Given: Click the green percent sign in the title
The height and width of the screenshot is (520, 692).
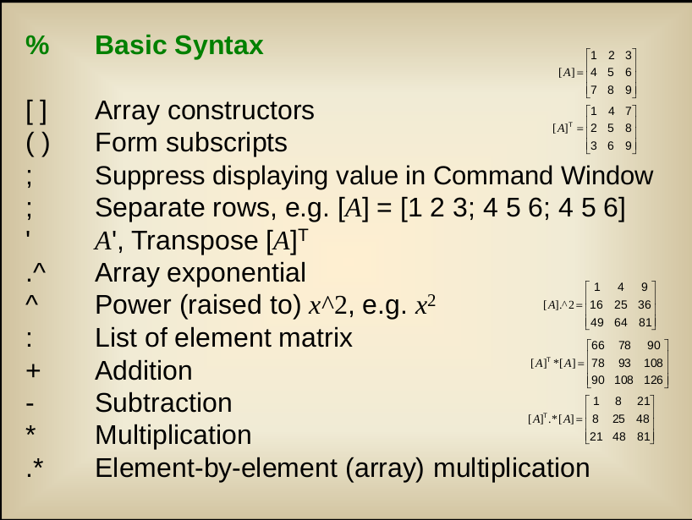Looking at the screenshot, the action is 37,45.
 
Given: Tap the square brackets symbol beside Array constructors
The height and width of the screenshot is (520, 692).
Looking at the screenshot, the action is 36,111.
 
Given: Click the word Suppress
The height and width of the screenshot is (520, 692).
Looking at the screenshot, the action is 150,177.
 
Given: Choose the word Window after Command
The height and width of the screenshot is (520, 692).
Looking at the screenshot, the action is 607,176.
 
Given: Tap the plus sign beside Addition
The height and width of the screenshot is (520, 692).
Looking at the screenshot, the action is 33,370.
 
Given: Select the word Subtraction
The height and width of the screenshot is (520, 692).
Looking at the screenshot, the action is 163,402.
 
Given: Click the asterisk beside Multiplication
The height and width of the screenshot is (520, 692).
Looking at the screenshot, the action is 30,431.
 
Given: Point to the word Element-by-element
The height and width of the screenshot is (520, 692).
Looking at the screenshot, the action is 217,468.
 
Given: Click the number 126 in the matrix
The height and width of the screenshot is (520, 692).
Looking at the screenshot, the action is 653,380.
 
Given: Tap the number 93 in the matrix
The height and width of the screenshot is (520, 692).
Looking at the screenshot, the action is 624,363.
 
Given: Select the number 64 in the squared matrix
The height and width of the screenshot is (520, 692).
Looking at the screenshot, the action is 620,322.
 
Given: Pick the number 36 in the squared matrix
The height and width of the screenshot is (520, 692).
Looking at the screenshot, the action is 645,304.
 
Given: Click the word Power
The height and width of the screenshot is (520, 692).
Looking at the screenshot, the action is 133,305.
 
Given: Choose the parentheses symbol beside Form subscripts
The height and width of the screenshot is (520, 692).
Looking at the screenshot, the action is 38,144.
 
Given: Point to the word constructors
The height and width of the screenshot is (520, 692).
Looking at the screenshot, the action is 241,111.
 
